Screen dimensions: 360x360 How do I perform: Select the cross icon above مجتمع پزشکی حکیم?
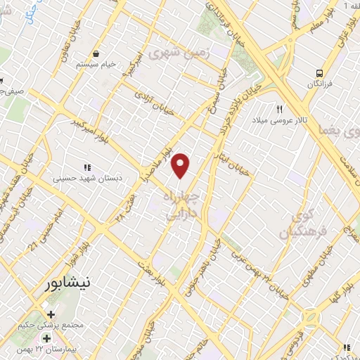click(51, 314)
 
